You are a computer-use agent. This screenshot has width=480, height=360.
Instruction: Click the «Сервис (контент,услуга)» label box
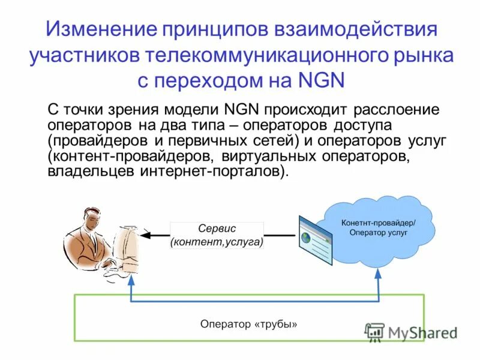pyautogui.click(x=217, y=236)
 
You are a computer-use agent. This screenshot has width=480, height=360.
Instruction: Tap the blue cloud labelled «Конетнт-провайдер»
pyautogui.click(x=378, y=227)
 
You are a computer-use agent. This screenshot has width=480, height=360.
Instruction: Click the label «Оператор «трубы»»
pyautogui.click(x=248, y=324)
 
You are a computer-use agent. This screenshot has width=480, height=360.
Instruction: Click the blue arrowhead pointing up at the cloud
pyautogui.click(x=378, y=274)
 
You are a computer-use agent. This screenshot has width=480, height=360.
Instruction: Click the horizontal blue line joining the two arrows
pyautogui.click(x=254, y=302)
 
